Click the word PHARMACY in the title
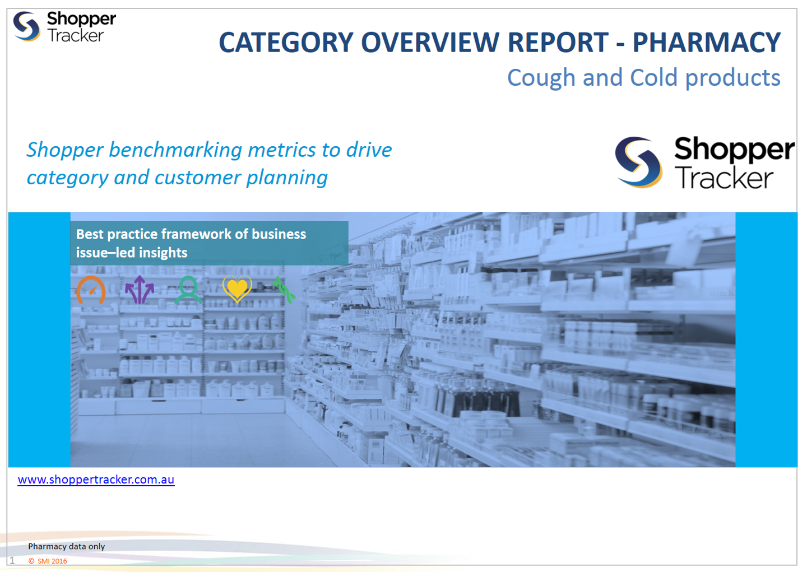(x=707, y=43)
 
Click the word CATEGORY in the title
(x=286, y=43)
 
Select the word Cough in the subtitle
(x=541, y=78)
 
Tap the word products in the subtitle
(x=733, y=78)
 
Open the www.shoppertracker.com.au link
(x=96, y=480)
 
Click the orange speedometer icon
(x=91, y=290)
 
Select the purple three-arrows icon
(x=140, y=290)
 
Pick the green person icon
(x=188, y=290)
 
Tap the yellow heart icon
(x=237, y=288)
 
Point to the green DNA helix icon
(x=284, y=290)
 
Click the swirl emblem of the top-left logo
(x=26, y=26)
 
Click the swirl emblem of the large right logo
(x=638, y=162)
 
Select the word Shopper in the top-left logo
(x=81, y=18)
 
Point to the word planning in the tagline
(x=287, y=178)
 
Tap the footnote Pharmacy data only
(x=67, y=546)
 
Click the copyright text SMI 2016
(x=48, y=561)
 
